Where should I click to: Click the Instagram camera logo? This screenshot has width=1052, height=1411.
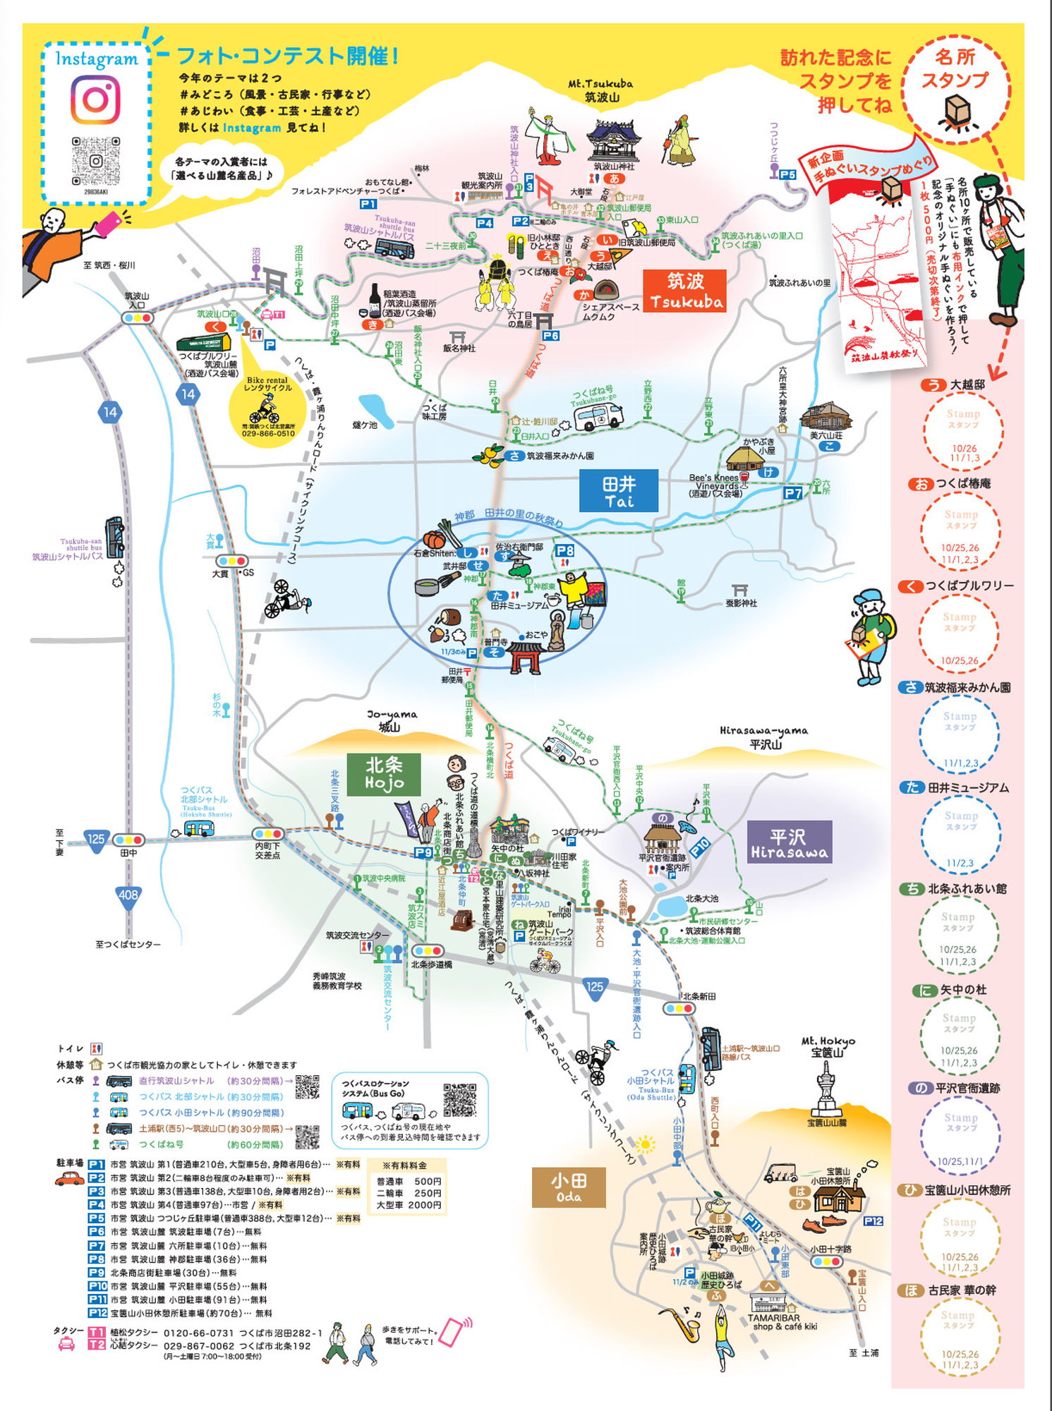tap(95, 99)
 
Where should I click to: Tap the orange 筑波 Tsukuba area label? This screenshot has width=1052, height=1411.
tap(685, 291)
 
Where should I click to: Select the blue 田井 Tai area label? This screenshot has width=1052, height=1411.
tap(618, 491)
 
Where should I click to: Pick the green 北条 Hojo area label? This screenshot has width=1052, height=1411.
tap(384, 774)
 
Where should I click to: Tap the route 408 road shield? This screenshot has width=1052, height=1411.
tap(128, 895)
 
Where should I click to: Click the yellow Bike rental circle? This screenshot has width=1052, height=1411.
tap(268, 407)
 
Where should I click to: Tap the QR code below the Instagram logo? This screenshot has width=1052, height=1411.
tap(95, 161)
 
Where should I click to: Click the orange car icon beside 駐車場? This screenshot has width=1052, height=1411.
tap(69, 1177)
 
